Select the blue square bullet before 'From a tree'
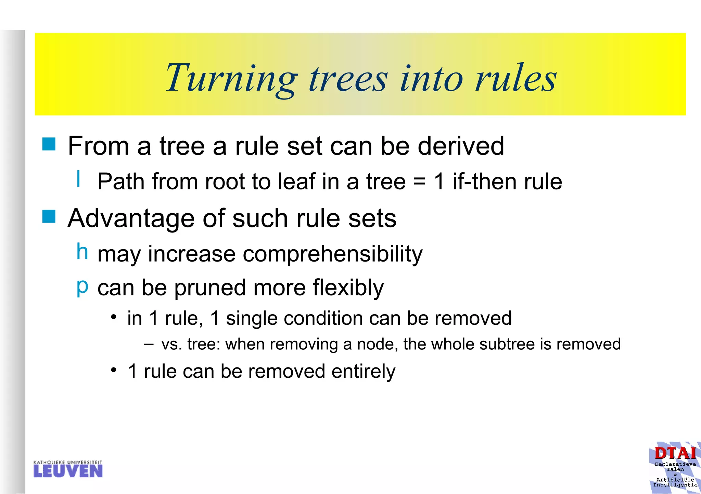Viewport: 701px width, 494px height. pyautogui.click(x=49, y=144)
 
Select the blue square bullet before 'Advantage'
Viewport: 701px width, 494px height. pyautogui.click(x=49, y=216)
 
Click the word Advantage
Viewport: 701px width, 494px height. pyautogui.click(x=131, y=218)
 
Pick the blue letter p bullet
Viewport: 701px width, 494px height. pyautogui.click(x=82, y=286)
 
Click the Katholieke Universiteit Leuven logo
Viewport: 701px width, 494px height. pyautogui.click(x=68, y=469)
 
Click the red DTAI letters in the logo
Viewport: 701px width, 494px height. pyautogui.click(x=675, y=454)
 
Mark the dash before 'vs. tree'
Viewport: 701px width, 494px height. pyautogui.click(x=149, y=344)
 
